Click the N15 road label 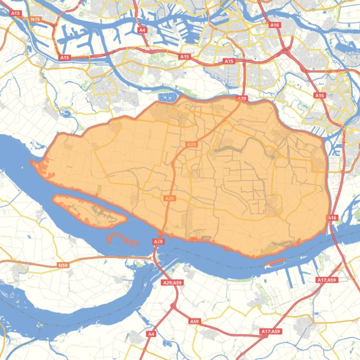click(x=35, y=19)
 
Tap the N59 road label click(x=63, y=266)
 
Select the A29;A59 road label click(x=172, y=282)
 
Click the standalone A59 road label click(x=194, y=321)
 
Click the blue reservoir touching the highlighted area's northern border click(x=167, y=97)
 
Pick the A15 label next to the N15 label click(x=15, y=14)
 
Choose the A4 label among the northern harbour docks click(x=143, y=30)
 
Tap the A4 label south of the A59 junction click(x=151, y=334)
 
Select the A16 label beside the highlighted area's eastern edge click(x=332, y=218)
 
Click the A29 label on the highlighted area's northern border click(x=241, y=99)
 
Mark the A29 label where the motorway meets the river click(x=158, y=241)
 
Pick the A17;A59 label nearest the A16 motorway click(x=326, y=280)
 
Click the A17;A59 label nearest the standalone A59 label click(x=271, y=331)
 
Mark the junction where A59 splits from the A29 click(x=173, y=306)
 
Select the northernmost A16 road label click(x=274, y=25)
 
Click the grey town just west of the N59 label click(x=20, y=270)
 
